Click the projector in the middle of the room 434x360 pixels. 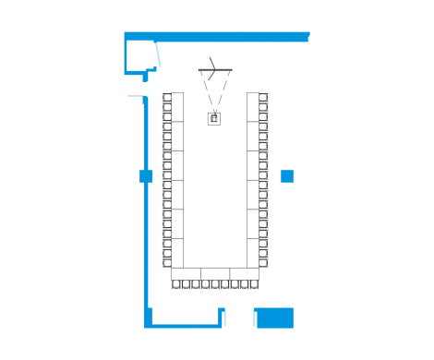coord(214,117)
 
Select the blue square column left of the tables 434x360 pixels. coord(145,175)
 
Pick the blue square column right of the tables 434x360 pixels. coord(287,175)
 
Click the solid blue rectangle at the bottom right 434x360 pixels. coord(273,318)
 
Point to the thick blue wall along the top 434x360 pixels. coord(231,36)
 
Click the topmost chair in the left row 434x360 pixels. coord(166,97)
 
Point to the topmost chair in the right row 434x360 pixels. coord(264,97)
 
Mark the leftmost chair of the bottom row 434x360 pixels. coord(176,284)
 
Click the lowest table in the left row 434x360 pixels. coord(177,252)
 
